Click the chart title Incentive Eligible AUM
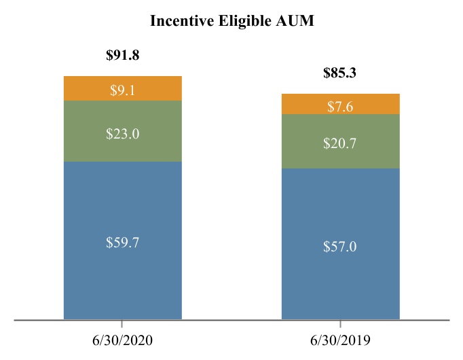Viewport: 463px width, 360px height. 231,21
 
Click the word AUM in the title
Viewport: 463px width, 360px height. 296,21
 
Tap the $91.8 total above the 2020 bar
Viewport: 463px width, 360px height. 123,56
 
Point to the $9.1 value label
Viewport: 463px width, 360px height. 123,90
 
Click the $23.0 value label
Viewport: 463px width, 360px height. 123,134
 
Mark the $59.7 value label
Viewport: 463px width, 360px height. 123,242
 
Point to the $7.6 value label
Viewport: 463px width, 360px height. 340,107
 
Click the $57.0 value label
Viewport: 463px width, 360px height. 340,246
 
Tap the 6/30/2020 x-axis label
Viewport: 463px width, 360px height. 123,339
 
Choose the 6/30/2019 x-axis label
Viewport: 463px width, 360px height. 340,339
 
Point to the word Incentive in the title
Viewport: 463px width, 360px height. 180,21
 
